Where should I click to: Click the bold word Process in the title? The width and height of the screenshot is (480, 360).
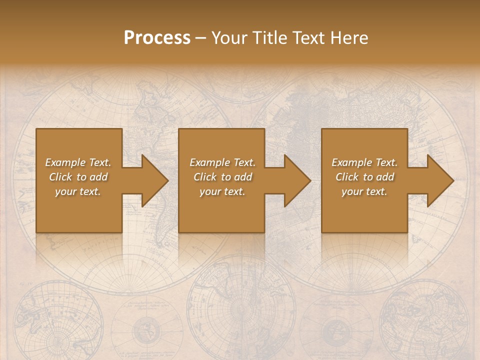pyautogui.click(x=157, y=38)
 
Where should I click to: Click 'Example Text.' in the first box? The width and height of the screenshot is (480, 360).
pyautogui.click(x=78, y=162)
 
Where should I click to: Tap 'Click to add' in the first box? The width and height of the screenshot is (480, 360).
pyautogui.click(x=78, y=177)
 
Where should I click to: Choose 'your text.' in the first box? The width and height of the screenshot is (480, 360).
pyautogui.click(x=78, y=191)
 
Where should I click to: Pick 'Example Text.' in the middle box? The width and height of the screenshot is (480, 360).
pyautogui.click(x=222, y=162)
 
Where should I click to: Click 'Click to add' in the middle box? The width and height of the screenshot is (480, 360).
pyautogui.click(x=222, y=177)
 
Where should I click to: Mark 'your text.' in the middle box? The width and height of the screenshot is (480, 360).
pyautogui.click(x=222, y=191)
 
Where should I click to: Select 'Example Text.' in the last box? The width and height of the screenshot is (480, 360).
pyautogui.click(x=364, y=162)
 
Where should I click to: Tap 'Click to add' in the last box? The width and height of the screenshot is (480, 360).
pyautogui.click(x=364, y=177)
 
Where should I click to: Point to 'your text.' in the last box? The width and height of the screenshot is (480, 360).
pyautogui.click(x=364, y=191)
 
